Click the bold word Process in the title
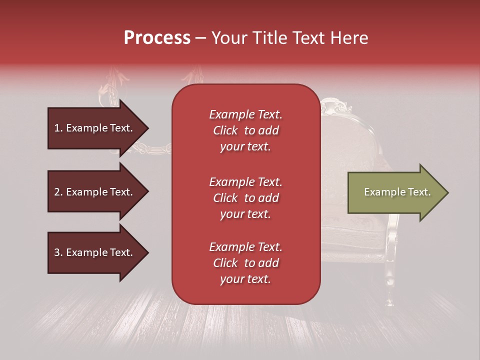coord(157,38)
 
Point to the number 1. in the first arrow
coord(58,128)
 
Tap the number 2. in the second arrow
coord(58,192)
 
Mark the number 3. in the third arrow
coord(58,252)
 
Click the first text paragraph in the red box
coord(245,130)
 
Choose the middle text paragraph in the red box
coord(245,198)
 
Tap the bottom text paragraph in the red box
coord(245,263)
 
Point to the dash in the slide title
coord(200,38)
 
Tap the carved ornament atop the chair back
coord(332,106)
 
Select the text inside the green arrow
coord(397,192)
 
